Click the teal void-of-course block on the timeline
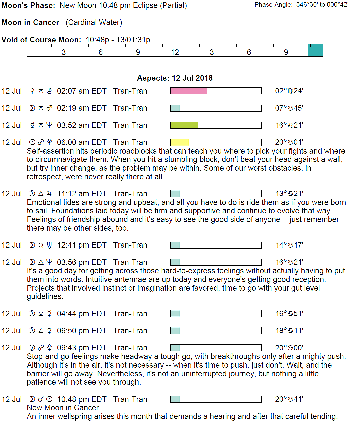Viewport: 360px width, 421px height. pos(315,50)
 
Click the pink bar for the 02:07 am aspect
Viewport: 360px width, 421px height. pos(189,91)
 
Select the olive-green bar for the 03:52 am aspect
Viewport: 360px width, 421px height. pos(184,125)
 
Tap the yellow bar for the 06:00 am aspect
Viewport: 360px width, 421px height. pos(179,142)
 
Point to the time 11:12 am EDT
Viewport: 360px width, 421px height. pos(82,194)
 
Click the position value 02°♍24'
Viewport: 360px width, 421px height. pos(289,91)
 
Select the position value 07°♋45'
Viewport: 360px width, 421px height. pos(289,108)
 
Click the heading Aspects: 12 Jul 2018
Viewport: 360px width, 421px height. pos(175,78)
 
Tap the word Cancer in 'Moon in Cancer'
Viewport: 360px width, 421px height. pos(46,22)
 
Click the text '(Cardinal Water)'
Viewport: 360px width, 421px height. pos(94,22)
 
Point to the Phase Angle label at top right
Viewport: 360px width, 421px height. pos(273,5)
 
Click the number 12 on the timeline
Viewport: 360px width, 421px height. pos(175,52)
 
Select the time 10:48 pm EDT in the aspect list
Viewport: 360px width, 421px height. pos(82,399)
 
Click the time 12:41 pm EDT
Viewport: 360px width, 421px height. pos(82,245)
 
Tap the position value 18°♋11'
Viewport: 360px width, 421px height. pos(289,331)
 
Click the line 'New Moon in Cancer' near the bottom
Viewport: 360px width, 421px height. pos(63,408)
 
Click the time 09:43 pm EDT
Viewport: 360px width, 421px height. pos(82,348)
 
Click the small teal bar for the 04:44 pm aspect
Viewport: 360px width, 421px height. pos(175,314)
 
